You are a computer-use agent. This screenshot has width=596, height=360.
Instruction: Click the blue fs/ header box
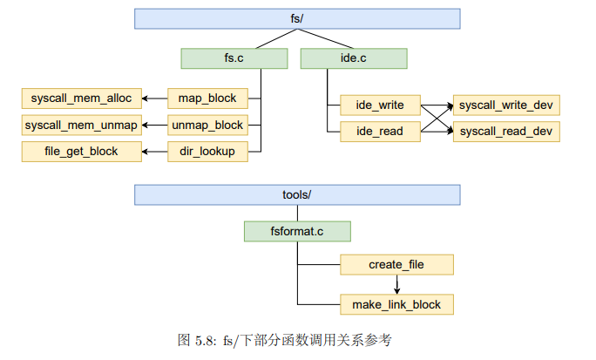[x=297, y=18]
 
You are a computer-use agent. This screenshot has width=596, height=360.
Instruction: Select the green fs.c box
[x=234, y=58]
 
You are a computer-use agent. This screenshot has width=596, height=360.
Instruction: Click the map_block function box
[x=207, y=98]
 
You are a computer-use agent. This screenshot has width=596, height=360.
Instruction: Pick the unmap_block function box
[x=207, y=125]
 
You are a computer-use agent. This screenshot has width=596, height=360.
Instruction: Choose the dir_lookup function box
[x=207, y=152]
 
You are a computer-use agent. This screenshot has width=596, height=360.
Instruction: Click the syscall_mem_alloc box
[x=81, y=98]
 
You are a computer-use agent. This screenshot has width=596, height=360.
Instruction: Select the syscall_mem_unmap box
[x=81, y=125]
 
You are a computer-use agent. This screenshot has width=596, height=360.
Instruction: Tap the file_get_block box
[x=81, y=152]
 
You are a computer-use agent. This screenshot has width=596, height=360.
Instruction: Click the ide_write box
[x=380, y=105]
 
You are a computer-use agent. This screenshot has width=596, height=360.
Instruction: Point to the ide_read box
[x=380, y=132]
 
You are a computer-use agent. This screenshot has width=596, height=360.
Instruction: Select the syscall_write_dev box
[x=506, y=105]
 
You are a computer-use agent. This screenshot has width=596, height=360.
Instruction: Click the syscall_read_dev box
[x=506, y=132]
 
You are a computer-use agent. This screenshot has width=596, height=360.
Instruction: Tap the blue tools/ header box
[x=297, y=194]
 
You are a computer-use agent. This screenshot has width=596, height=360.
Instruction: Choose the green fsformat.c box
[x=297, y=231]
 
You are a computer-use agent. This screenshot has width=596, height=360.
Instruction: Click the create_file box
[x=396, y=264]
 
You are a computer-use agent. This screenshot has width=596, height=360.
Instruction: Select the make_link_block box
[x=396, y=304]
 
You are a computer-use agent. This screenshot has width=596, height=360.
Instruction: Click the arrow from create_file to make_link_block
[x=396, y=284]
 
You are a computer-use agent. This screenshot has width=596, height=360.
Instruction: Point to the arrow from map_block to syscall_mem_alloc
[x=154, y=98]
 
